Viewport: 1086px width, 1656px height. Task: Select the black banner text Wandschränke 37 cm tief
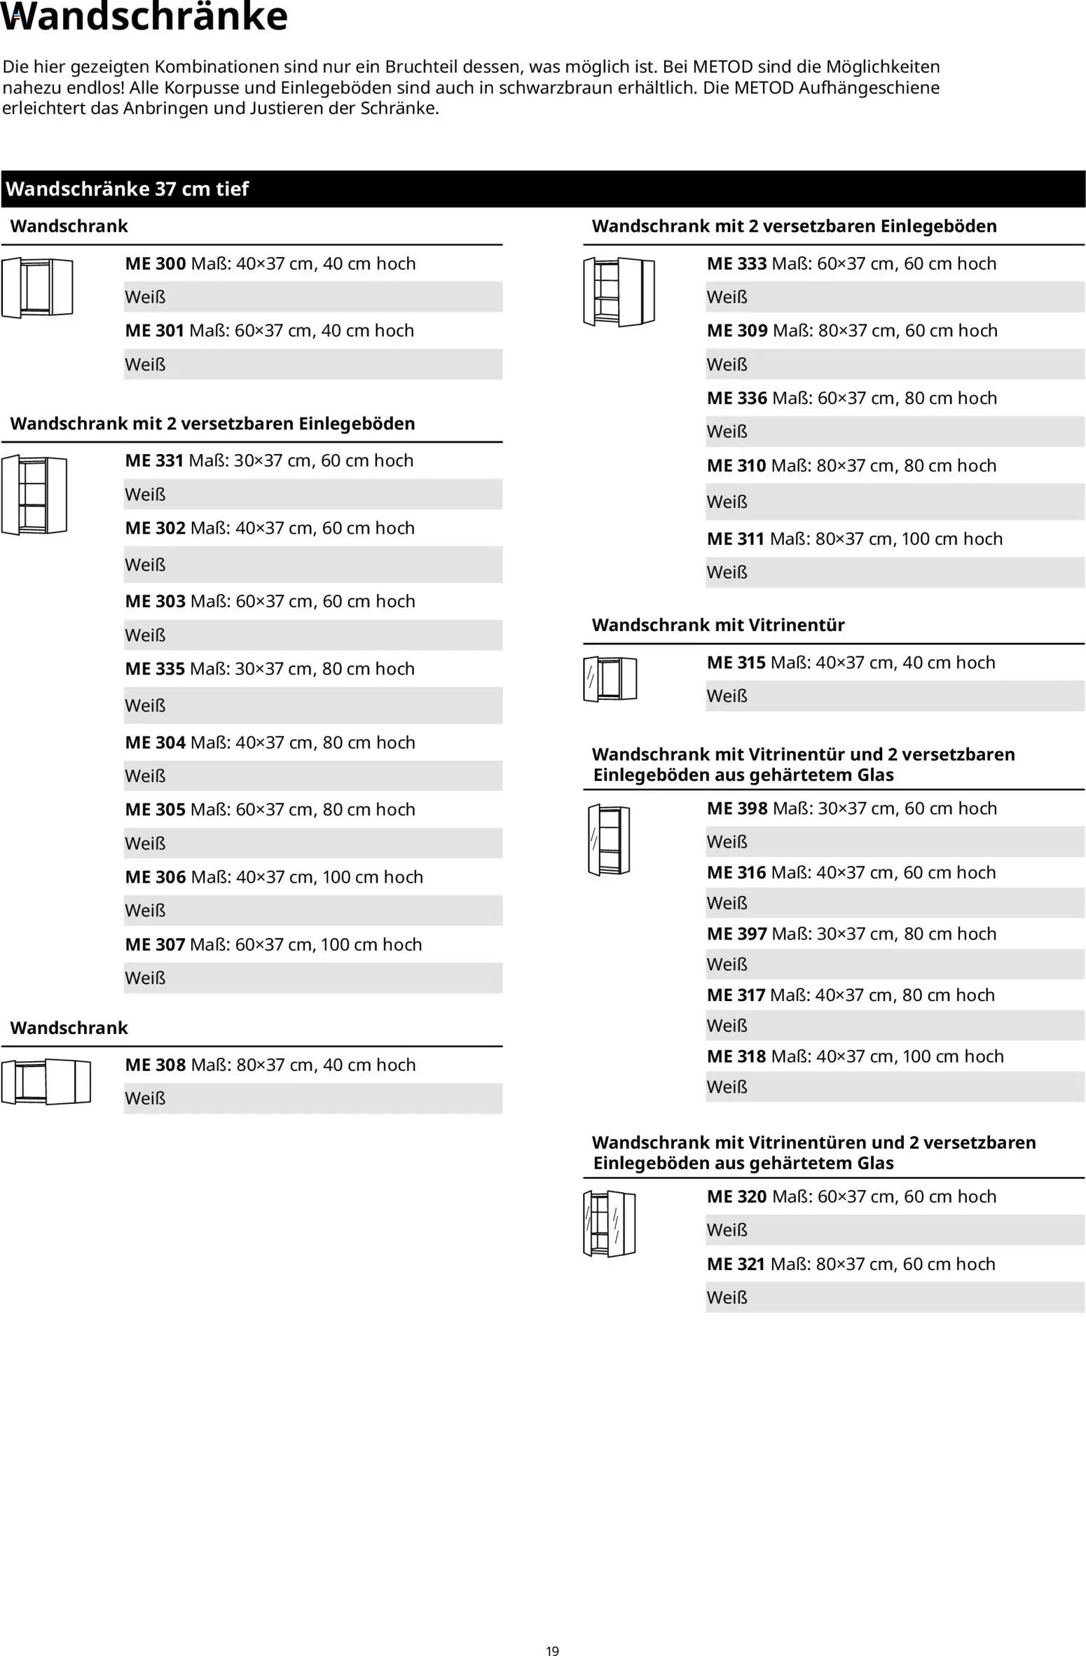pyautogui.click(x=128, y=189)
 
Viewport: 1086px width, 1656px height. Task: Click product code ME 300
pyautogui.click(x=155, y=264)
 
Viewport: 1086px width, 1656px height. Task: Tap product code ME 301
pyautogui.click(x=154, y=331)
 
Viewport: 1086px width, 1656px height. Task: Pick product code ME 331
pyautogui.click(x=154, y=461)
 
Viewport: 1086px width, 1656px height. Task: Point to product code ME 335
pyautogui.click(x=155, y=669)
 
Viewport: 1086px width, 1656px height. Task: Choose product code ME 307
pyautogui.click(x=155, y=945)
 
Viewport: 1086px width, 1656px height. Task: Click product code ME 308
pyautogui.click(x=155, y=1065)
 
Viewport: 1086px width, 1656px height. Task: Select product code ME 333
pyautogui.click(x=736, y=264)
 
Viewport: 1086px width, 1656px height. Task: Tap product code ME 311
pyautogui.click(x=736, y=539)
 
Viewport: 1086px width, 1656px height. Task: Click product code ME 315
pyautogui.click(x=736, y=663)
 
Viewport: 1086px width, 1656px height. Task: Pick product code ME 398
pyautogui.click(x=737, y=808)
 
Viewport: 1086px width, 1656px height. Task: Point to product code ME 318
pyautogui.click(x=736, y=1056)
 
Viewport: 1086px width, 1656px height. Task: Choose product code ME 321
pyautogui.click(x=736, y=1264)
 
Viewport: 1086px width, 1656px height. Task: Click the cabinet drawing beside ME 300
pyautogui.click(x=37, y=287)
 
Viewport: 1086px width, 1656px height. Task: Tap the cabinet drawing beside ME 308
pyautogui.click(x=46, y=1082)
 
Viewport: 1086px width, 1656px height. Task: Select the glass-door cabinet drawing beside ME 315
pyautogui.click(x=610, y=679)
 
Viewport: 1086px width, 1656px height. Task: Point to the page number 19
pyautogui.click(x=552, y=1651)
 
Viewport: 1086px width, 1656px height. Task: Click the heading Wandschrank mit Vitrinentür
pyautogui.click(x=717, y=626)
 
